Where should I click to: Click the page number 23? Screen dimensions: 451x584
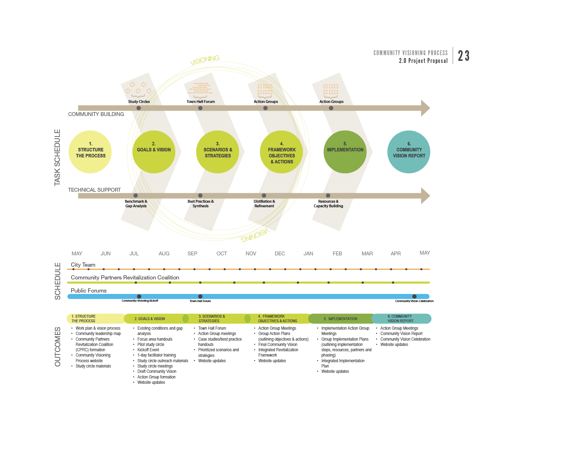[464, 56]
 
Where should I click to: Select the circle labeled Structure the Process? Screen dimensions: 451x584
[90, 152]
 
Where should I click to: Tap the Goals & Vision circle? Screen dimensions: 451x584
[154, 152]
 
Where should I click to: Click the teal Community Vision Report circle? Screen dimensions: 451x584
[409, 152]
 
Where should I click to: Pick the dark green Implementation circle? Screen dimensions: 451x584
[345, 152]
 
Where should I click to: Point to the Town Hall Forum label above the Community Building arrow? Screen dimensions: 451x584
[201, 102]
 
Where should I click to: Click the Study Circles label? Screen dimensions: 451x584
[139, 102]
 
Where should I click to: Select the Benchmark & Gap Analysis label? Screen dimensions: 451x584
[136, 204]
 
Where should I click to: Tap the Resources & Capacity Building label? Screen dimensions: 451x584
[328, 204]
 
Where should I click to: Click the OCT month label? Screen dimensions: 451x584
[222, 254]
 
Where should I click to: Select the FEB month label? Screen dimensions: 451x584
[337, 254]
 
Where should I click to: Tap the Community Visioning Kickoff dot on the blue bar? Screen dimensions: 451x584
[139, 296]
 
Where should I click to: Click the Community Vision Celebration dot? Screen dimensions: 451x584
[414, 296]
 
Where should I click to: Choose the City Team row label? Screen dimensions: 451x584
[83, 265]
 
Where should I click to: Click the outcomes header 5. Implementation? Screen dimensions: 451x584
[340, 319]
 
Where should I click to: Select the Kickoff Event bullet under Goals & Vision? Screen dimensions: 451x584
[148, 350]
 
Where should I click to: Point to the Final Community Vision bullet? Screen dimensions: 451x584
[278, 345]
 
